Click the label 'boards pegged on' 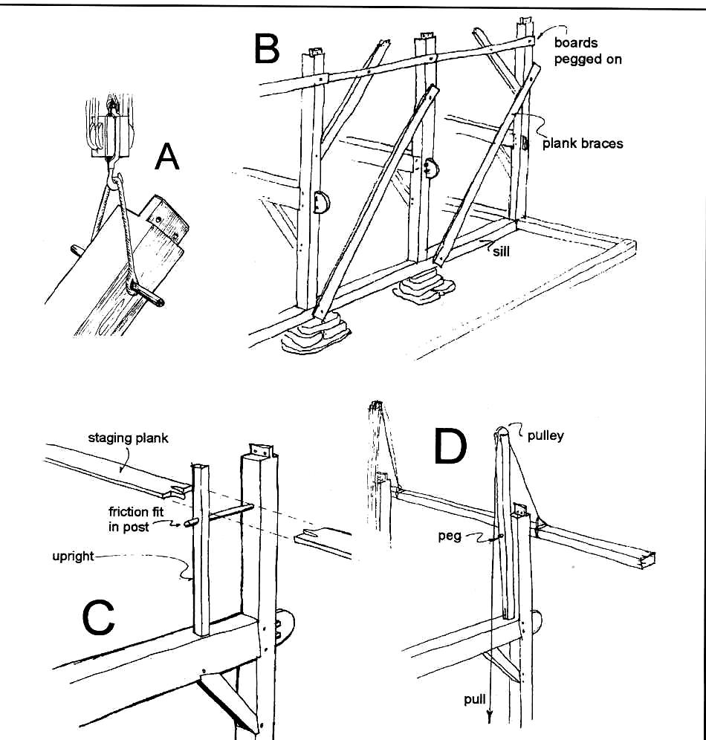(587, 51)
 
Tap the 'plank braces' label (583, 143)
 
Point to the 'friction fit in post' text (138, 519)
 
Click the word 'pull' (475, 700)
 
